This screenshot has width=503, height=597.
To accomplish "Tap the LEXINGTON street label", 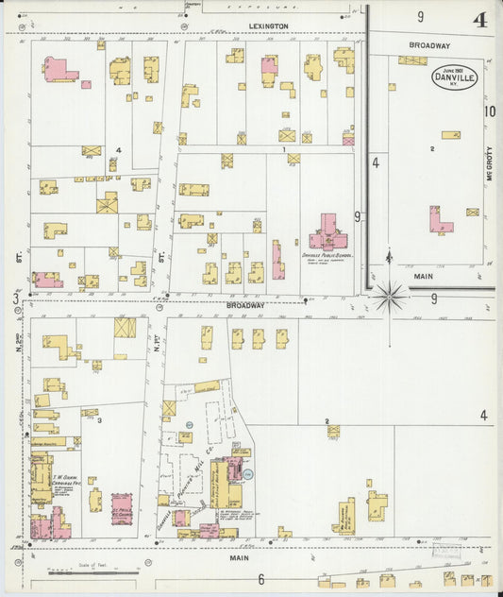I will pyautogui.click(x=268, y=26).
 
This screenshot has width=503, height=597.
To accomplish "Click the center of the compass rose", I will pyautogui.click(x=388, y=297).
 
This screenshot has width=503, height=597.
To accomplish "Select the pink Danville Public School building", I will pyautogui.click(x=327, y=231).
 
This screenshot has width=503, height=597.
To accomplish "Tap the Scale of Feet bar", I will pyautogui.click(x=94, y=572).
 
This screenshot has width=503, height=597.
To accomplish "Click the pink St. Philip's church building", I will pyautogui.click(x=121, y=507).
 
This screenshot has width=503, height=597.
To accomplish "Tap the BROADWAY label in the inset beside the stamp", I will pyautogui.click(x=429, y=45).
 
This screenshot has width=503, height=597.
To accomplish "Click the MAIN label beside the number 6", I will pyautogui.click(x=239, y=558).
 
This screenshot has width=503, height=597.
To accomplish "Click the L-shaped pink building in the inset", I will pyautogui.click(x=439, y=222).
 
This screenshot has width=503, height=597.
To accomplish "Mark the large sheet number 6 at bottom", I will pyautogui.click(x=260, y=578).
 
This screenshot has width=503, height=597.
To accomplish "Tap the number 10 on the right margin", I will pyautogui.click(x=490, y=111).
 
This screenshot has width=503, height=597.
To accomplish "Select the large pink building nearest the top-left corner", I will pyautogui.click(x=59, y=68).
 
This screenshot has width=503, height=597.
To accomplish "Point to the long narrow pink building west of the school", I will pyautogui.click(x=277, y=260).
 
